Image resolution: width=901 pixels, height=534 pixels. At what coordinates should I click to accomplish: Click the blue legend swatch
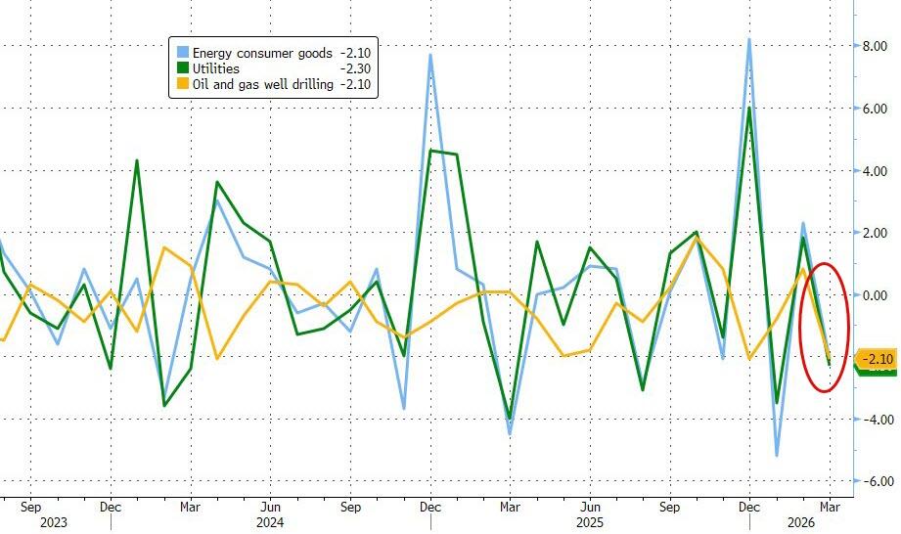(x=181, y=53)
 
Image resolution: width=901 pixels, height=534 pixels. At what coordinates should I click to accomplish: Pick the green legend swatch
(x=181, y=69)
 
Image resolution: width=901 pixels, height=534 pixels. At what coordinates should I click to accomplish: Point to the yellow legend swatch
(x=181, y=85)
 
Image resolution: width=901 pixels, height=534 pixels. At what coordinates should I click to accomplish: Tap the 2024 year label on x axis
(x=271, y=523)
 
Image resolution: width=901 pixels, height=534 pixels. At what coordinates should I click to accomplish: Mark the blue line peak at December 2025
(x=749, y=40)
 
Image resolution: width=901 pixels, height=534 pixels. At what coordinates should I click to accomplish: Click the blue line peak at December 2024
(x=430, y=55)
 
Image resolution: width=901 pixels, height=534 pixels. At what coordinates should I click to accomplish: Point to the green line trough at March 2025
(x=510, y=418)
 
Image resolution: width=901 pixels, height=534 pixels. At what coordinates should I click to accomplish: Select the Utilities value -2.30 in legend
(x=357, y=69)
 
